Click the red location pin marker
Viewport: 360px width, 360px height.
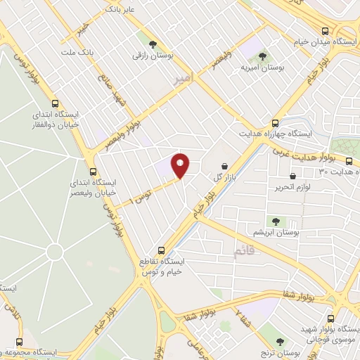(x=181, y=165)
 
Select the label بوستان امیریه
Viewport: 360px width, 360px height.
(x=262, y=67)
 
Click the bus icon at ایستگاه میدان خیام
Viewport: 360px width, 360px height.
(x=324, y=31)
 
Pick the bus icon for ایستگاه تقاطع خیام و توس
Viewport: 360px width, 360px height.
(x=161, y=250)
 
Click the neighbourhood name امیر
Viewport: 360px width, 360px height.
(x=182, y=81)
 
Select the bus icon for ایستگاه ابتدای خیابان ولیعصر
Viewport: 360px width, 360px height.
(x=94, y=171)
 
